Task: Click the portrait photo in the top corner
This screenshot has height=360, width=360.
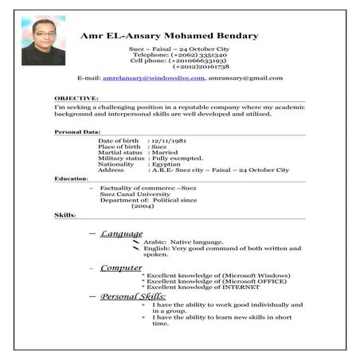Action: [x=43, y=42]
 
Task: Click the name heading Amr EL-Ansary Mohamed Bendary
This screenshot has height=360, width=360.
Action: [x=169, y=36]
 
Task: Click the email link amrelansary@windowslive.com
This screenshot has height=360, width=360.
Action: [x=154, y=79]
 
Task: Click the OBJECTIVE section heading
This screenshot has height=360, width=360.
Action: [x=76, y=98]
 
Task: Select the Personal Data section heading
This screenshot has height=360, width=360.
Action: [x=77, y=131]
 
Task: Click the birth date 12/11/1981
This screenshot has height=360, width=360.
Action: [x=168, y=141]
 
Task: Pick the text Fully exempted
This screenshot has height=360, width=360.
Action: [x=175, y=158]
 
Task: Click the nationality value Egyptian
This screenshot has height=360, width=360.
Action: [x=166, y=164]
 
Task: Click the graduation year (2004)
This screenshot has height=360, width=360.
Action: [x=143, y=205]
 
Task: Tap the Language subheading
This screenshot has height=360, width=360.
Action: [x=121, y=234]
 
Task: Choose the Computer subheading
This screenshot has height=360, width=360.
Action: [x=120, y=268]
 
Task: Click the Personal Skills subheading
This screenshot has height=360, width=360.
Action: [x=132, y=296]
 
